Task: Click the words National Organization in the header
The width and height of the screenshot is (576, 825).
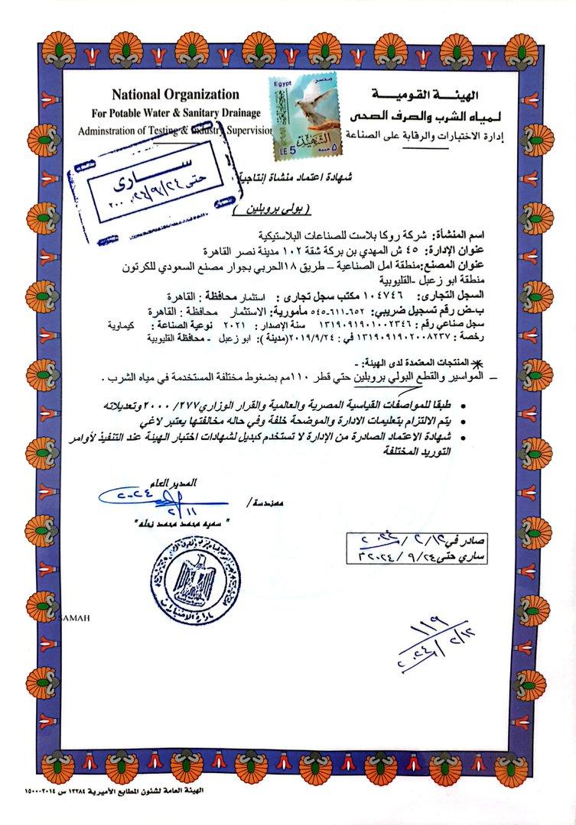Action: [x=175, y=94]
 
